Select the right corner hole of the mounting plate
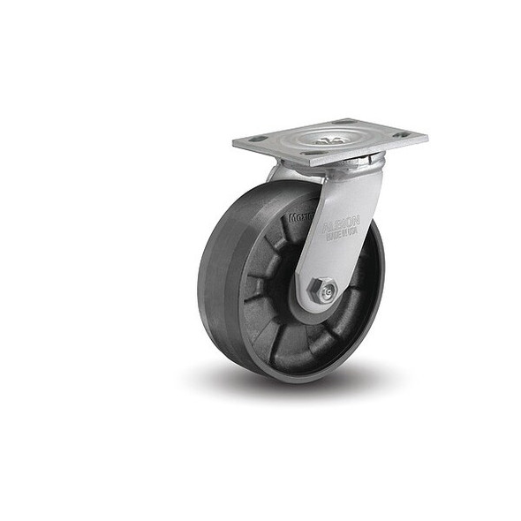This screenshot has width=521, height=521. click(403, 135)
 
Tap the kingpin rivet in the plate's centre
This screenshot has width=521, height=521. click(328, 140)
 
